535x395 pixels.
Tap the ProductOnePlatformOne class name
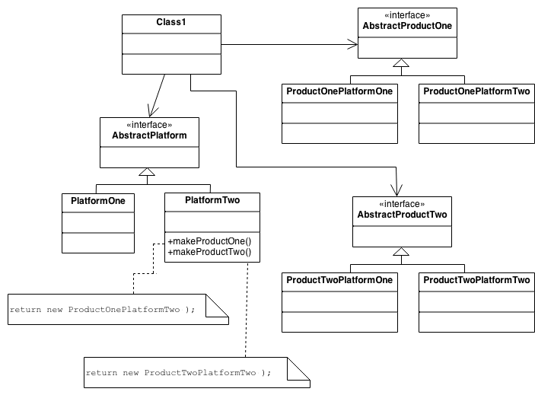click(339, 91)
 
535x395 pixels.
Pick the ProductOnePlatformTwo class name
click(476, 91)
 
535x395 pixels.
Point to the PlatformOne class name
click(97, 202)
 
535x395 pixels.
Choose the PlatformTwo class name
click(212, 201)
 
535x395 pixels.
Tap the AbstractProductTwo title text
click(402, 215)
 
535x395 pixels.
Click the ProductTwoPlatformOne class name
click(339, 280)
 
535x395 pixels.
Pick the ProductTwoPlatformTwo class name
click(476, 280)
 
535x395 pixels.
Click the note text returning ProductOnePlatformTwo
click(103, 311)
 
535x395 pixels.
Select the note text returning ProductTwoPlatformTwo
click(178, 373)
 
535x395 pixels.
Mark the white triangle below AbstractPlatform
click(146, 172)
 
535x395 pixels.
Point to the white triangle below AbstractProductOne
click(401, 62)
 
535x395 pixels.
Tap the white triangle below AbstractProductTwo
click(401, 250)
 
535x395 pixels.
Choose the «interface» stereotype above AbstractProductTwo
click(402, 204)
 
